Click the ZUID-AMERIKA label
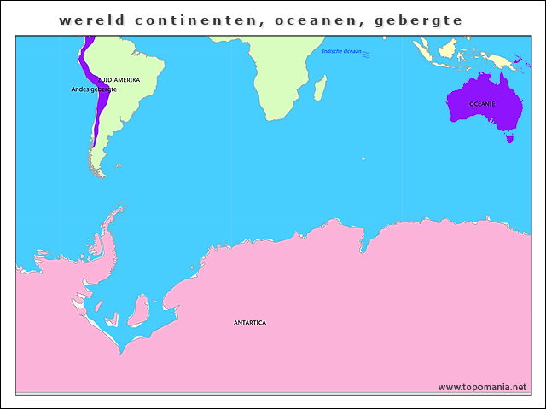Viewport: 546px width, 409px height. pos(119,79)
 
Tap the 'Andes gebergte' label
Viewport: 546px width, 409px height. pos(94,89)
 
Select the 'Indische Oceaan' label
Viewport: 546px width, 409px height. pos(341,53)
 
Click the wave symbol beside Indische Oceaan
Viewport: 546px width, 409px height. pos(366,54)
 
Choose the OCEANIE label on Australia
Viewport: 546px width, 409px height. pos(482,103)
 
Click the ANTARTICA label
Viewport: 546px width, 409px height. pos(250,323)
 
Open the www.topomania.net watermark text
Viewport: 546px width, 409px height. pos(482,387)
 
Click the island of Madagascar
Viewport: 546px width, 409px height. pos(320,87)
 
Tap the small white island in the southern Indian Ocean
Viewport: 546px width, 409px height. pos(363,158)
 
